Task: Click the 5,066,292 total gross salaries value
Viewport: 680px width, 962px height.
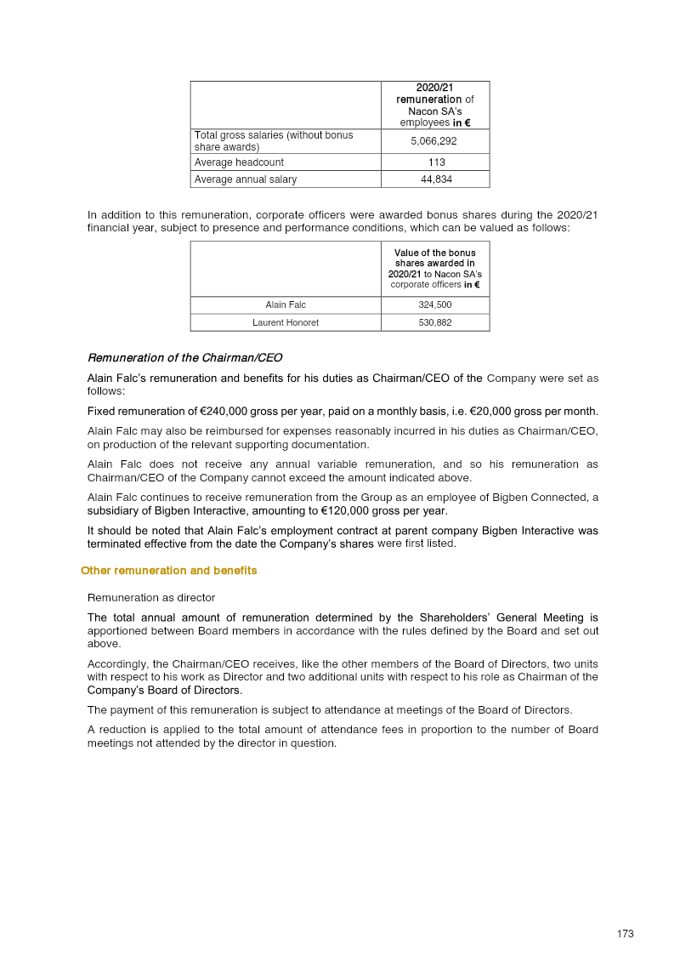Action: pyautogui.click(x=435, y=141)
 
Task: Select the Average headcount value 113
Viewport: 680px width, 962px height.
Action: pyautogui.click(x=435, y=162)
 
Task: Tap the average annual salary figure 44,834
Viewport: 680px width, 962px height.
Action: pyautogui.click(x=435, y=179)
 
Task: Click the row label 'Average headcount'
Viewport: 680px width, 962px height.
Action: pyautogui.click(x=239, y=162)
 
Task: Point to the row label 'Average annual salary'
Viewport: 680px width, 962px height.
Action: pyautogui.click(x=246, y=179)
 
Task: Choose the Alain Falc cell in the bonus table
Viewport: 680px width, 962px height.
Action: pyautogui.click(x=286, y=305)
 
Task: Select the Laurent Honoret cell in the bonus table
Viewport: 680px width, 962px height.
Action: pyautogui.click(x=286, y=322)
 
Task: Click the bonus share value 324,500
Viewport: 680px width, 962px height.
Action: pyautogui.click(x=435, y=305)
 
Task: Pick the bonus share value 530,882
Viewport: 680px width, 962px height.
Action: pyautogui.click(x=435, y=322)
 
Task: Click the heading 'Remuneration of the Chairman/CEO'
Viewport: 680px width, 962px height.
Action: pyautogui.click(x=184, y=358)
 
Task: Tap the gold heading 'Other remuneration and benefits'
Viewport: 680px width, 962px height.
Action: pyautogui.click(x=168, y=571)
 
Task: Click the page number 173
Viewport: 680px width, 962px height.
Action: pyautogui.click(x=625, y=934)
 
